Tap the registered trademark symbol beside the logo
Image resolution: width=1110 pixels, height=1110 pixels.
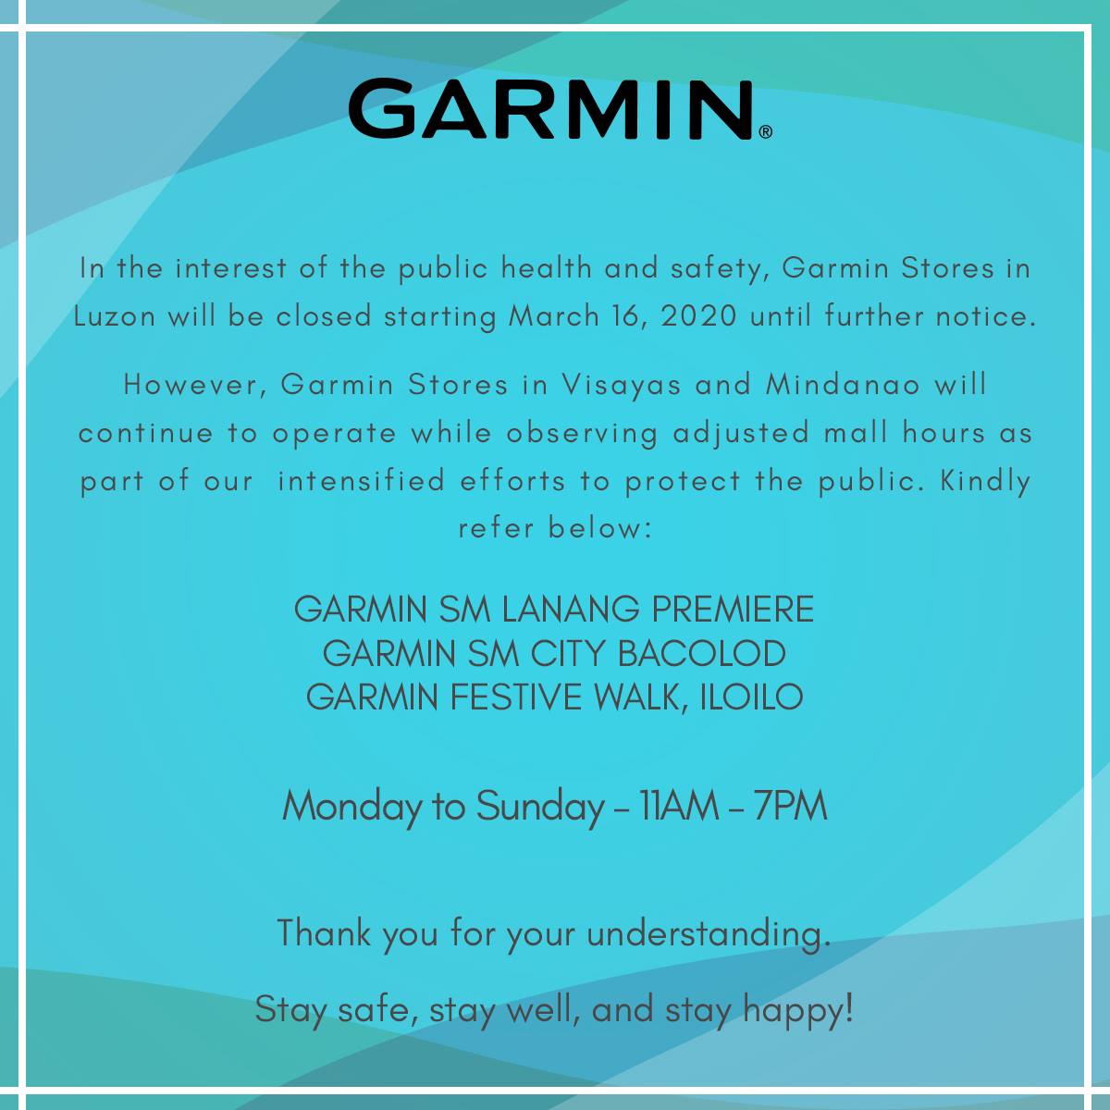(766, 132)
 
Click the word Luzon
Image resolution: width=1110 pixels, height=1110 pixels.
(115, 316)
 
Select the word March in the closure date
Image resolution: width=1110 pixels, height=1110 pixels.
(553, 316)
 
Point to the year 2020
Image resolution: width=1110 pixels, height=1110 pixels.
(698, 316)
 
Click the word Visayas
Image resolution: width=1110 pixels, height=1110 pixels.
(622, 384)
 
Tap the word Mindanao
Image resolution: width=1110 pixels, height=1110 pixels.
(843, 384)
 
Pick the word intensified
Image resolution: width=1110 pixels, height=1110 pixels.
(361, 480)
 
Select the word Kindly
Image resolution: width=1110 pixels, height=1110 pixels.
(985, 482)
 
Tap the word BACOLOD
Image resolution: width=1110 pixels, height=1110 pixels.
(701, 653)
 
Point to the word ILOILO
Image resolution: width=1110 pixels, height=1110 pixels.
(751, 697)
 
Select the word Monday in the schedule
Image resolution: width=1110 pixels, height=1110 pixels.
(351, 807)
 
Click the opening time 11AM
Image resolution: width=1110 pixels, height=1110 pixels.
(679, 806)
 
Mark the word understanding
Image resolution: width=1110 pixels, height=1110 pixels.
(709, 933)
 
